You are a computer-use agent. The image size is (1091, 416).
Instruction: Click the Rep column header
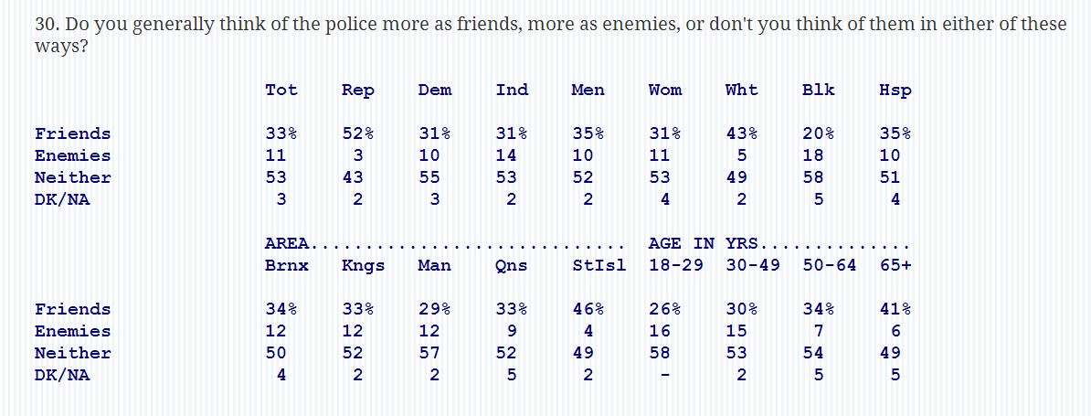point(357,90)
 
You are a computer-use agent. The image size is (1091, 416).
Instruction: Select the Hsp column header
point(895,90)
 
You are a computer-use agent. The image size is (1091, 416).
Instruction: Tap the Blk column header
point(818,90)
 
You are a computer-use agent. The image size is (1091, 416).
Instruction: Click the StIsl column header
point(598,266)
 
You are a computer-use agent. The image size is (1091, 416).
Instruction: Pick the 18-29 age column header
point(675,266)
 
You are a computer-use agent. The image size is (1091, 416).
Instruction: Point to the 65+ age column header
point(895,266)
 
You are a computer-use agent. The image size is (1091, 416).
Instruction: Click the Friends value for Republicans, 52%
point(357,133)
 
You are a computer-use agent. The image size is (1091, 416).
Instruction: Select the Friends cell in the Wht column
point(741,133)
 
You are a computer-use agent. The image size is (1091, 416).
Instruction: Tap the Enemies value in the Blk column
point(812,155)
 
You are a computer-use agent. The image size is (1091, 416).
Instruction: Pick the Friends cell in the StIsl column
point(588,309)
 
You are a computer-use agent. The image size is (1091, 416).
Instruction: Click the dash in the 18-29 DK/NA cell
point(665,376)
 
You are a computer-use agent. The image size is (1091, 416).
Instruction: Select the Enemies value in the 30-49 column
point(736,331)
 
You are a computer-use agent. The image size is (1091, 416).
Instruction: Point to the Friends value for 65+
point(895,309)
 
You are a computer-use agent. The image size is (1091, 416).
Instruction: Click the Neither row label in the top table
point(73,177)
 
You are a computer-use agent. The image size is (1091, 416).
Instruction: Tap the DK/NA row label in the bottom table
point(62,375)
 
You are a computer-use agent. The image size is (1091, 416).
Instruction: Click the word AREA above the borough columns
point(287,243)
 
